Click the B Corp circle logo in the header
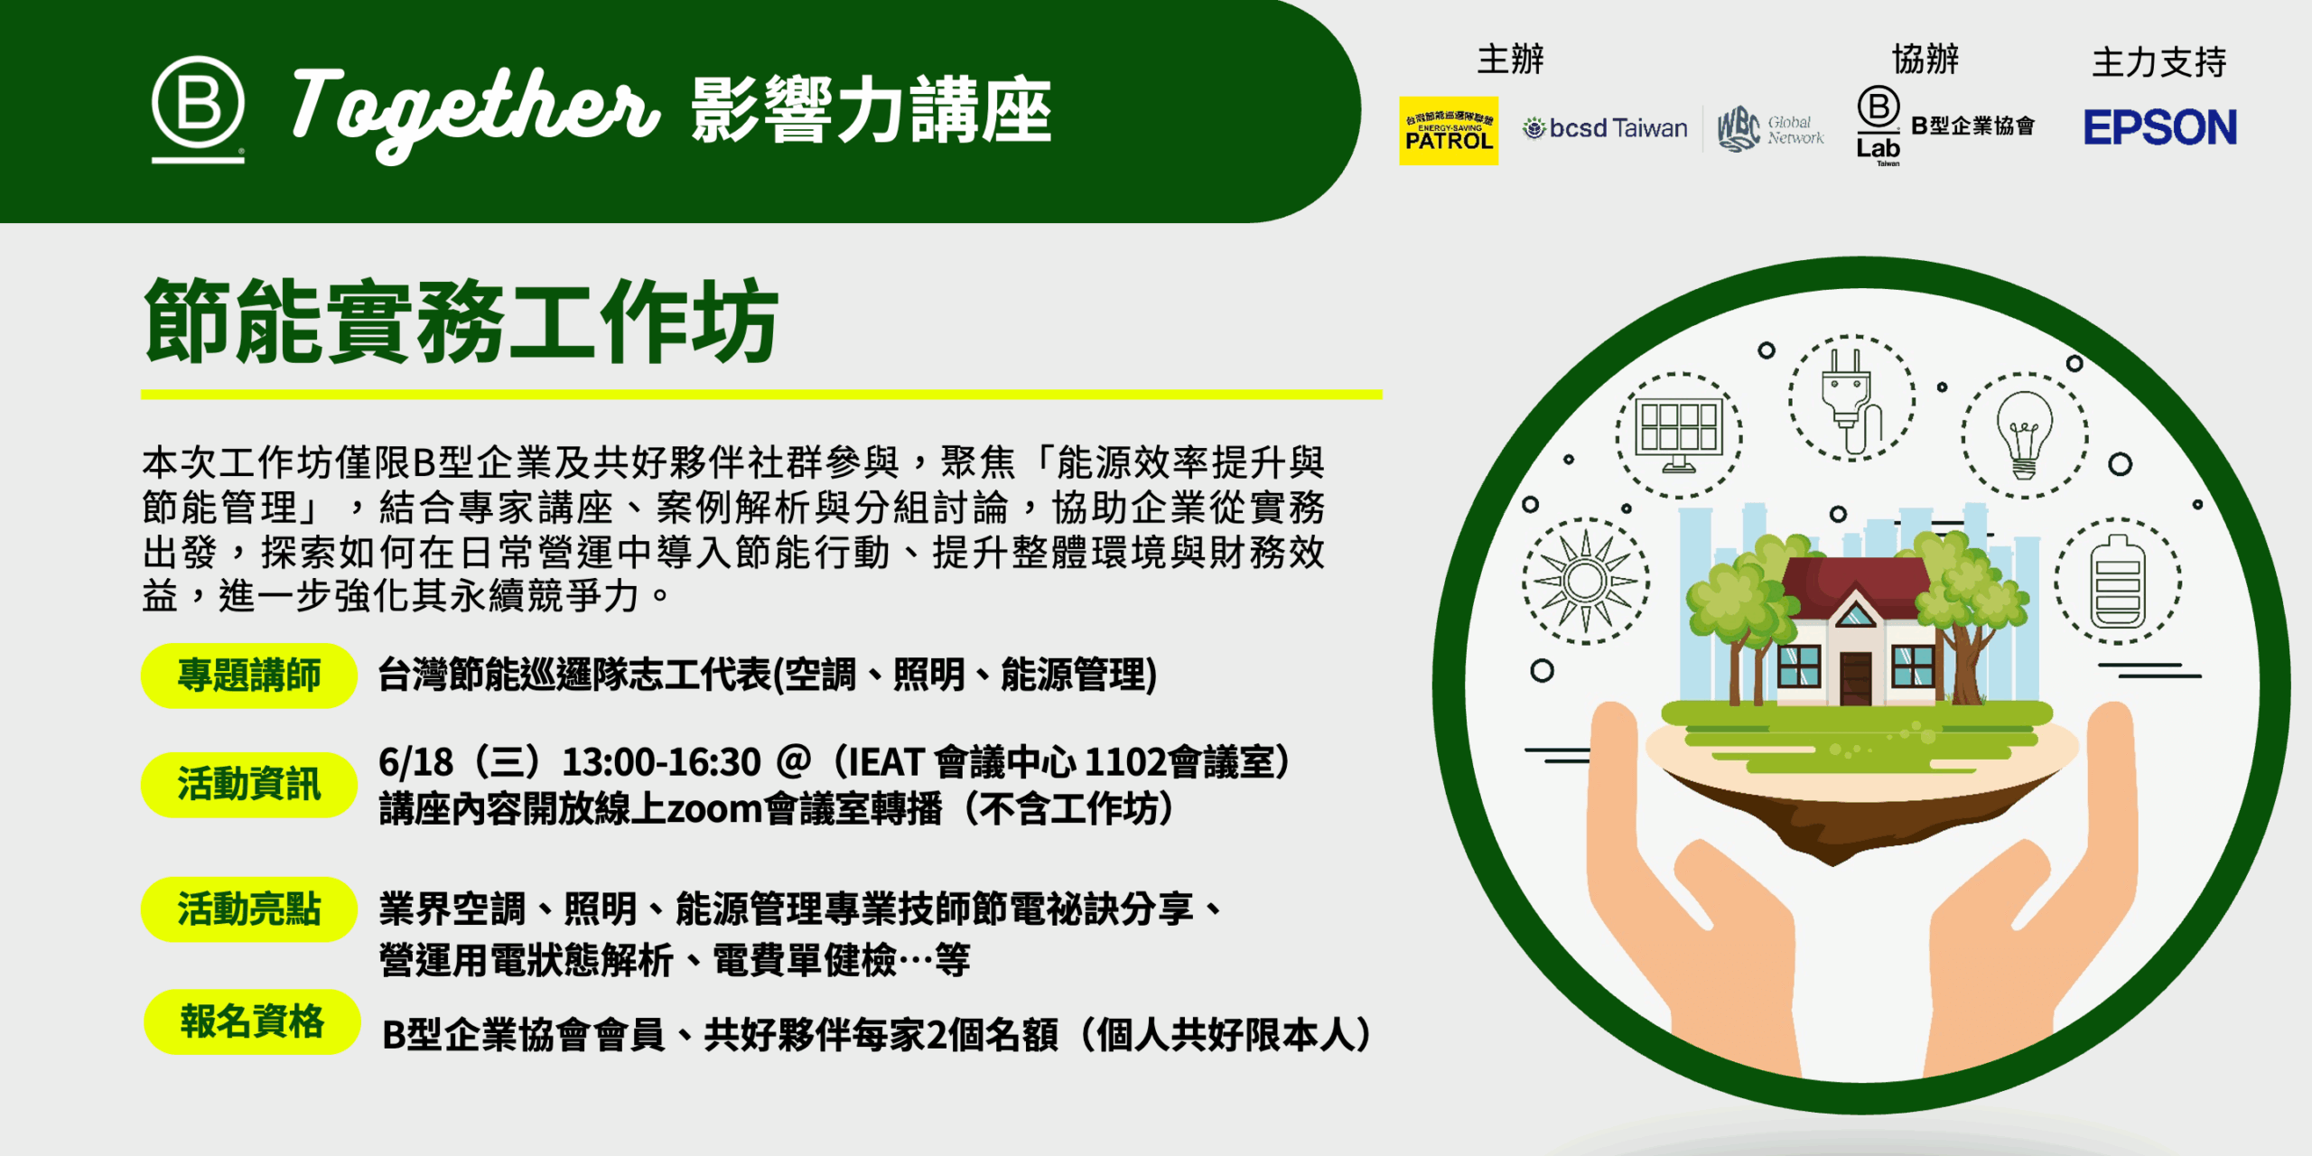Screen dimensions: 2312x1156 (x=198, y=108)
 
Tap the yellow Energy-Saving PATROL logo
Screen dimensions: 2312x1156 (x=1449, y=131)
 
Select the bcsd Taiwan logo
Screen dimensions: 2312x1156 (x=1605, y=128)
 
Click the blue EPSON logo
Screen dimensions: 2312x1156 (x=2160, y=127)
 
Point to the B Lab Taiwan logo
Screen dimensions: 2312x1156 (x=1878, y=126)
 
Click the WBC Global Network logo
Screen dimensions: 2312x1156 (x=1770, y=129)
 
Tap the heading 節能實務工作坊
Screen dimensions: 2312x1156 (x=461, y=322)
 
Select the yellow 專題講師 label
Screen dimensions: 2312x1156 (x=249, y=676)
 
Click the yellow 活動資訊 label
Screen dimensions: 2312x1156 (x=249, y=784)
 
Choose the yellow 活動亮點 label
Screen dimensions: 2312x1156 (x=249, y=909)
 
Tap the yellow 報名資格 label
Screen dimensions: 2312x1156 (x=252, y=1021)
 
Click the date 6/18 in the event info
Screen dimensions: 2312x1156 (x=415, y=763)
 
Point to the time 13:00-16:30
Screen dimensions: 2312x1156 (x=661, y=763)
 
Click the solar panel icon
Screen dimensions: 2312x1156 (x=1679, y=435)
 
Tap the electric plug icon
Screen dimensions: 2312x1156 (x=1851, y=398)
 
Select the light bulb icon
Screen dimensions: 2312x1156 (x=2024, y=435)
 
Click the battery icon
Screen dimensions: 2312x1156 (x=2118, y=581)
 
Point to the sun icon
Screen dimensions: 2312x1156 (x=1586, y=581)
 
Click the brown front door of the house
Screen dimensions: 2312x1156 (x=1856, y=677)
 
